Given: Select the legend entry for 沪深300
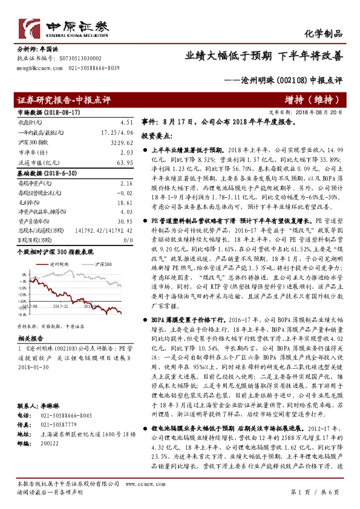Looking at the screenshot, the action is point(100,247).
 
